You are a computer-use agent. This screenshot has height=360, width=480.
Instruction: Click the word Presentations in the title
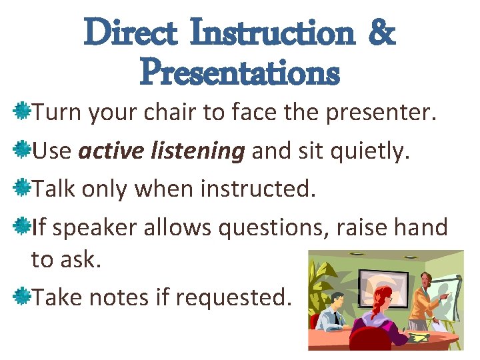tap(240, 72)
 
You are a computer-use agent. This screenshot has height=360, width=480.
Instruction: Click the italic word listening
tap(208, 152)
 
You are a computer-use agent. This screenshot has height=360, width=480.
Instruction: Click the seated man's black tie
tap(337, 319)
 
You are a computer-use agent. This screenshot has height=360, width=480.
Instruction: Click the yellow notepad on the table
tap(419, 339)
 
